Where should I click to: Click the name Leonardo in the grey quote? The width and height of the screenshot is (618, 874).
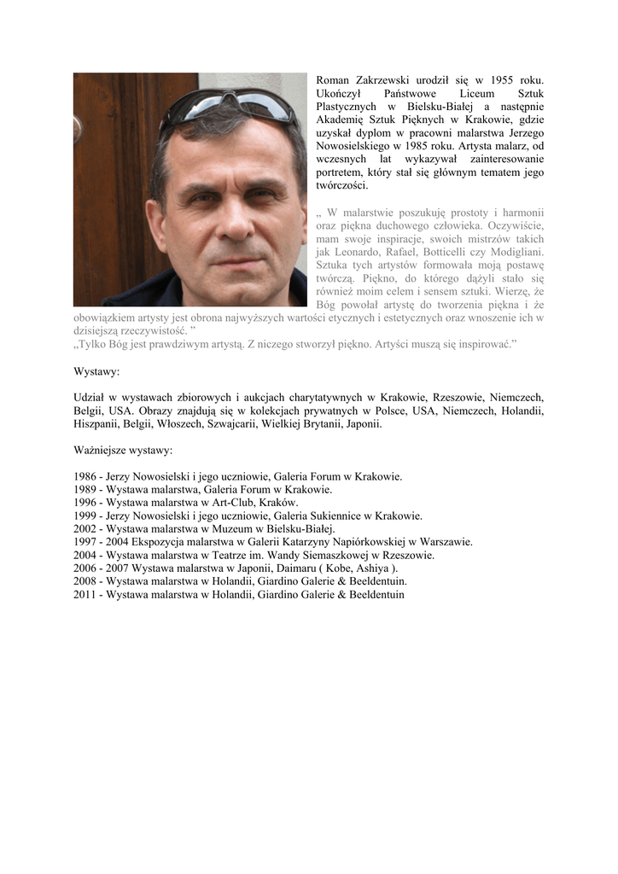point(357,252)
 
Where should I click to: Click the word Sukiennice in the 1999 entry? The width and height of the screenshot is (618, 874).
point(342,516)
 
